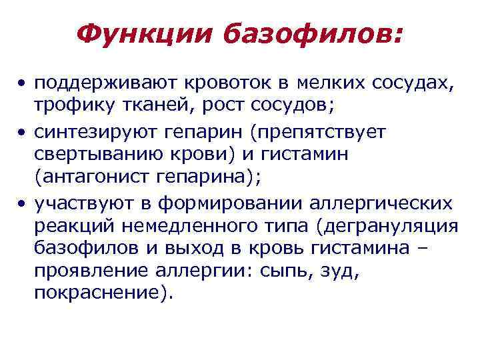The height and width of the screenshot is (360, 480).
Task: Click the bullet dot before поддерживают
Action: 23,85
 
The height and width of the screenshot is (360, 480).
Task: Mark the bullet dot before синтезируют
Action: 23,132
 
